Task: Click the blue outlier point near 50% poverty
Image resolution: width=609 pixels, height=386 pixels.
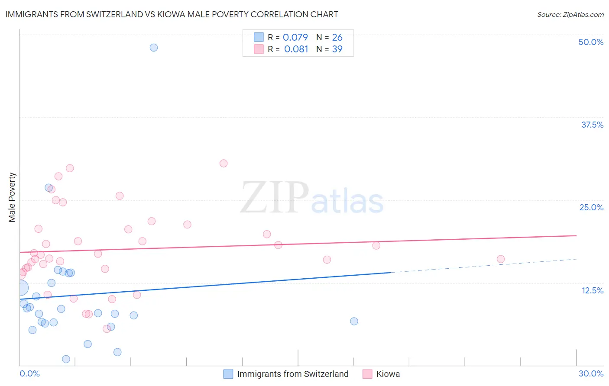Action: point(154,48)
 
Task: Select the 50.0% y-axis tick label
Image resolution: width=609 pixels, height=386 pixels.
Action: point(591,42)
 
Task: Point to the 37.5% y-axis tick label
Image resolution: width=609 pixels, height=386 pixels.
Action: point(592,125)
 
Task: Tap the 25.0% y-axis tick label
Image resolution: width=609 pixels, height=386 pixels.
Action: point(591,207)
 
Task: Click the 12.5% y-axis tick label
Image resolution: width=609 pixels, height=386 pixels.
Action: point(592,290)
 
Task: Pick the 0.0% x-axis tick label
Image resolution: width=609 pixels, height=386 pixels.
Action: point(29,373)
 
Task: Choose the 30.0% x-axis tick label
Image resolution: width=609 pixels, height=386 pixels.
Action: point(591,373)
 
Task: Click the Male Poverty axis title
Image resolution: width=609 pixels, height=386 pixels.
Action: point(12,197)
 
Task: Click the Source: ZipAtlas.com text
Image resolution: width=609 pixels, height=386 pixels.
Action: point(570,14)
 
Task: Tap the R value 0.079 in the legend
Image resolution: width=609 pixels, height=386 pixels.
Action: point(295,37)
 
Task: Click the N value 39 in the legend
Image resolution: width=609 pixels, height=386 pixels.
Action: point(337,49)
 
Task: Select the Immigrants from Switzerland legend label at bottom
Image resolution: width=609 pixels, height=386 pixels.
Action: point(292,374)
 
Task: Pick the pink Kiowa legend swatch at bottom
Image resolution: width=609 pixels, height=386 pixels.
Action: point(367,374)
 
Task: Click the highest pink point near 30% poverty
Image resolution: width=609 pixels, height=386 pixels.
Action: point(224,163)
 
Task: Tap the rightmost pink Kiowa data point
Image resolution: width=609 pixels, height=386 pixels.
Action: point(501,259)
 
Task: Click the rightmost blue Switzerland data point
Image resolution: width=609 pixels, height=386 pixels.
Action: point(354,321)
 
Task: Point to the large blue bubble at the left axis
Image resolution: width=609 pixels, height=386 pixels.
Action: point(20,287)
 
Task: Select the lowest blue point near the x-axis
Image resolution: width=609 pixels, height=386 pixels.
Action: point(66,359)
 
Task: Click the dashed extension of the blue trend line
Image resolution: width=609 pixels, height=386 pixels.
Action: point(485,265)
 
